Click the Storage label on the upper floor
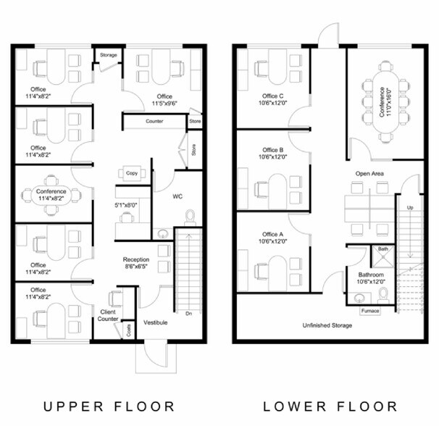point(109,55)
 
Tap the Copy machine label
point(132,173)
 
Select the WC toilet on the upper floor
point(190,217)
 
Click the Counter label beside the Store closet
point(154,121)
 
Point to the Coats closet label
point(128,330)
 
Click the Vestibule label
point(155,322)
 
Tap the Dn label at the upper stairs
point(188,314)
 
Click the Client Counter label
point(108,315)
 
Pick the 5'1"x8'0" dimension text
point(126,205)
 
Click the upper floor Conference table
point(51,195)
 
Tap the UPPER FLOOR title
point(109,406)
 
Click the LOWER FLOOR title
point(330,406)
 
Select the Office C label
point(272,96)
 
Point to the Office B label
point(272,150)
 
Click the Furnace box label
point(370,311)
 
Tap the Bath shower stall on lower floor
point(383,256)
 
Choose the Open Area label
point(369,174)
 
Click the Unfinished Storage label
point(327,325)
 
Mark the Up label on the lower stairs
point(410,207)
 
